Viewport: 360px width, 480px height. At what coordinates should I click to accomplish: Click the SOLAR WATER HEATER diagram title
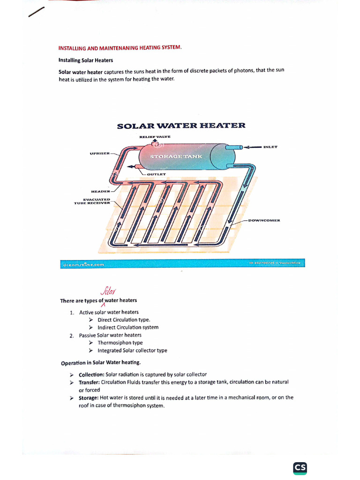tap(180, 126)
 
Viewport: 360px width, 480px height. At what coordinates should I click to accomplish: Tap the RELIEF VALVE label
tap(155, 136)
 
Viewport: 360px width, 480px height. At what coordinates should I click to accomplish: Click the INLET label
tap(270, 147)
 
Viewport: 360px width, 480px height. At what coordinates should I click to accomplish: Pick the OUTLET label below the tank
tap(156, 174)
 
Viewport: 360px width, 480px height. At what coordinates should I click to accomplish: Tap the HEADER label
tap(100, 191)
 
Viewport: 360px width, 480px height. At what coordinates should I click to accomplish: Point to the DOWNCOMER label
tap(264, 220)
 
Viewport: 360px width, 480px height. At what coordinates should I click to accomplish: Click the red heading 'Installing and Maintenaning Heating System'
tap(120, 48)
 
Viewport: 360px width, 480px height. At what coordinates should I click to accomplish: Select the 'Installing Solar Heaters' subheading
tap(85, 60)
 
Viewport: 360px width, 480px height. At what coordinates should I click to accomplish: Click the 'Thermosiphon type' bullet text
tap(120, 343)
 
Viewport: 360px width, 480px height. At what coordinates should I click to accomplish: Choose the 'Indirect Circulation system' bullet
tap(128, 327)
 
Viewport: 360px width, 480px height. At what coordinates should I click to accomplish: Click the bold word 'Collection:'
tap(91, 375)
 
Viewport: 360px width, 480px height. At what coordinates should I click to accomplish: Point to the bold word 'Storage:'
tap(88, 397)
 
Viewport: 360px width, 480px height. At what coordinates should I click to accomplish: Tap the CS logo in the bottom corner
tap(300, 468)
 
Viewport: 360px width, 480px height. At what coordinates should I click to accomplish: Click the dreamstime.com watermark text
tap(83, 264)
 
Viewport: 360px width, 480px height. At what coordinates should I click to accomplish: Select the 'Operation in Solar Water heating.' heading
tap(101, 363)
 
